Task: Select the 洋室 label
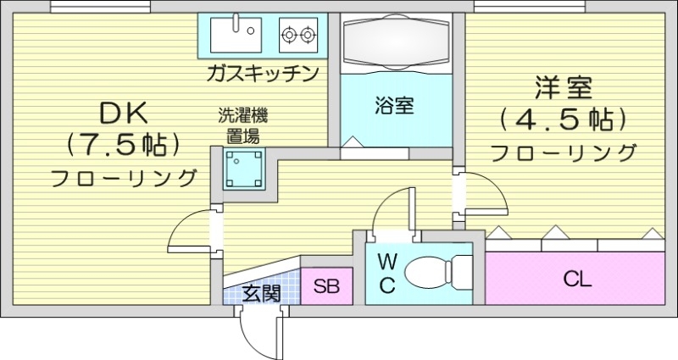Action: pyautogui.click(x=563, y=88)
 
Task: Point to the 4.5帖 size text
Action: pyautogui.click(x=563, y=119)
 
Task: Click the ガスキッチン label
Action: pyautogui.click(x=262, y=74)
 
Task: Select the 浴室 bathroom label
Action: pyautogui.click(x=394, y=107)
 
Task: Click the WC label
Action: pyautogui.click(x=386, y=273)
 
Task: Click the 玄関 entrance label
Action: pyautogui.click(x=262, y=294)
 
